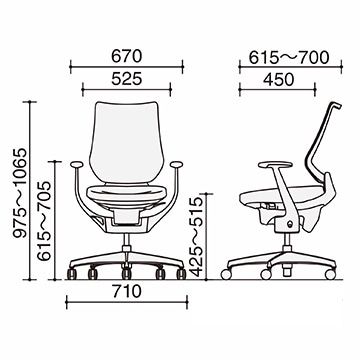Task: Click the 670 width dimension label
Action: [127, 57]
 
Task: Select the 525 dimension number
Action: [127, 79]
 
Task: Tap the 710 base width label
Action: [127, 292]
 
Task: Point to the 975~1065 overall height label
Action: [20, 193]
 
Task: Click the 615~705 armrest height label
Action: [44, 221]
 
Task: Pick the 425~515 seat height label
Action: [196, 237]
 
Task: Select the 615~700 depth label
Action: [289, 58]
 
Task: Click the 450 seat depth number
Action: [279, 80]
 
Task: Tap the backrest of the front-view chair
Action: [127, 142]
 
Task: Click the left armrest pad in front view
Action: [76, 164]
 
